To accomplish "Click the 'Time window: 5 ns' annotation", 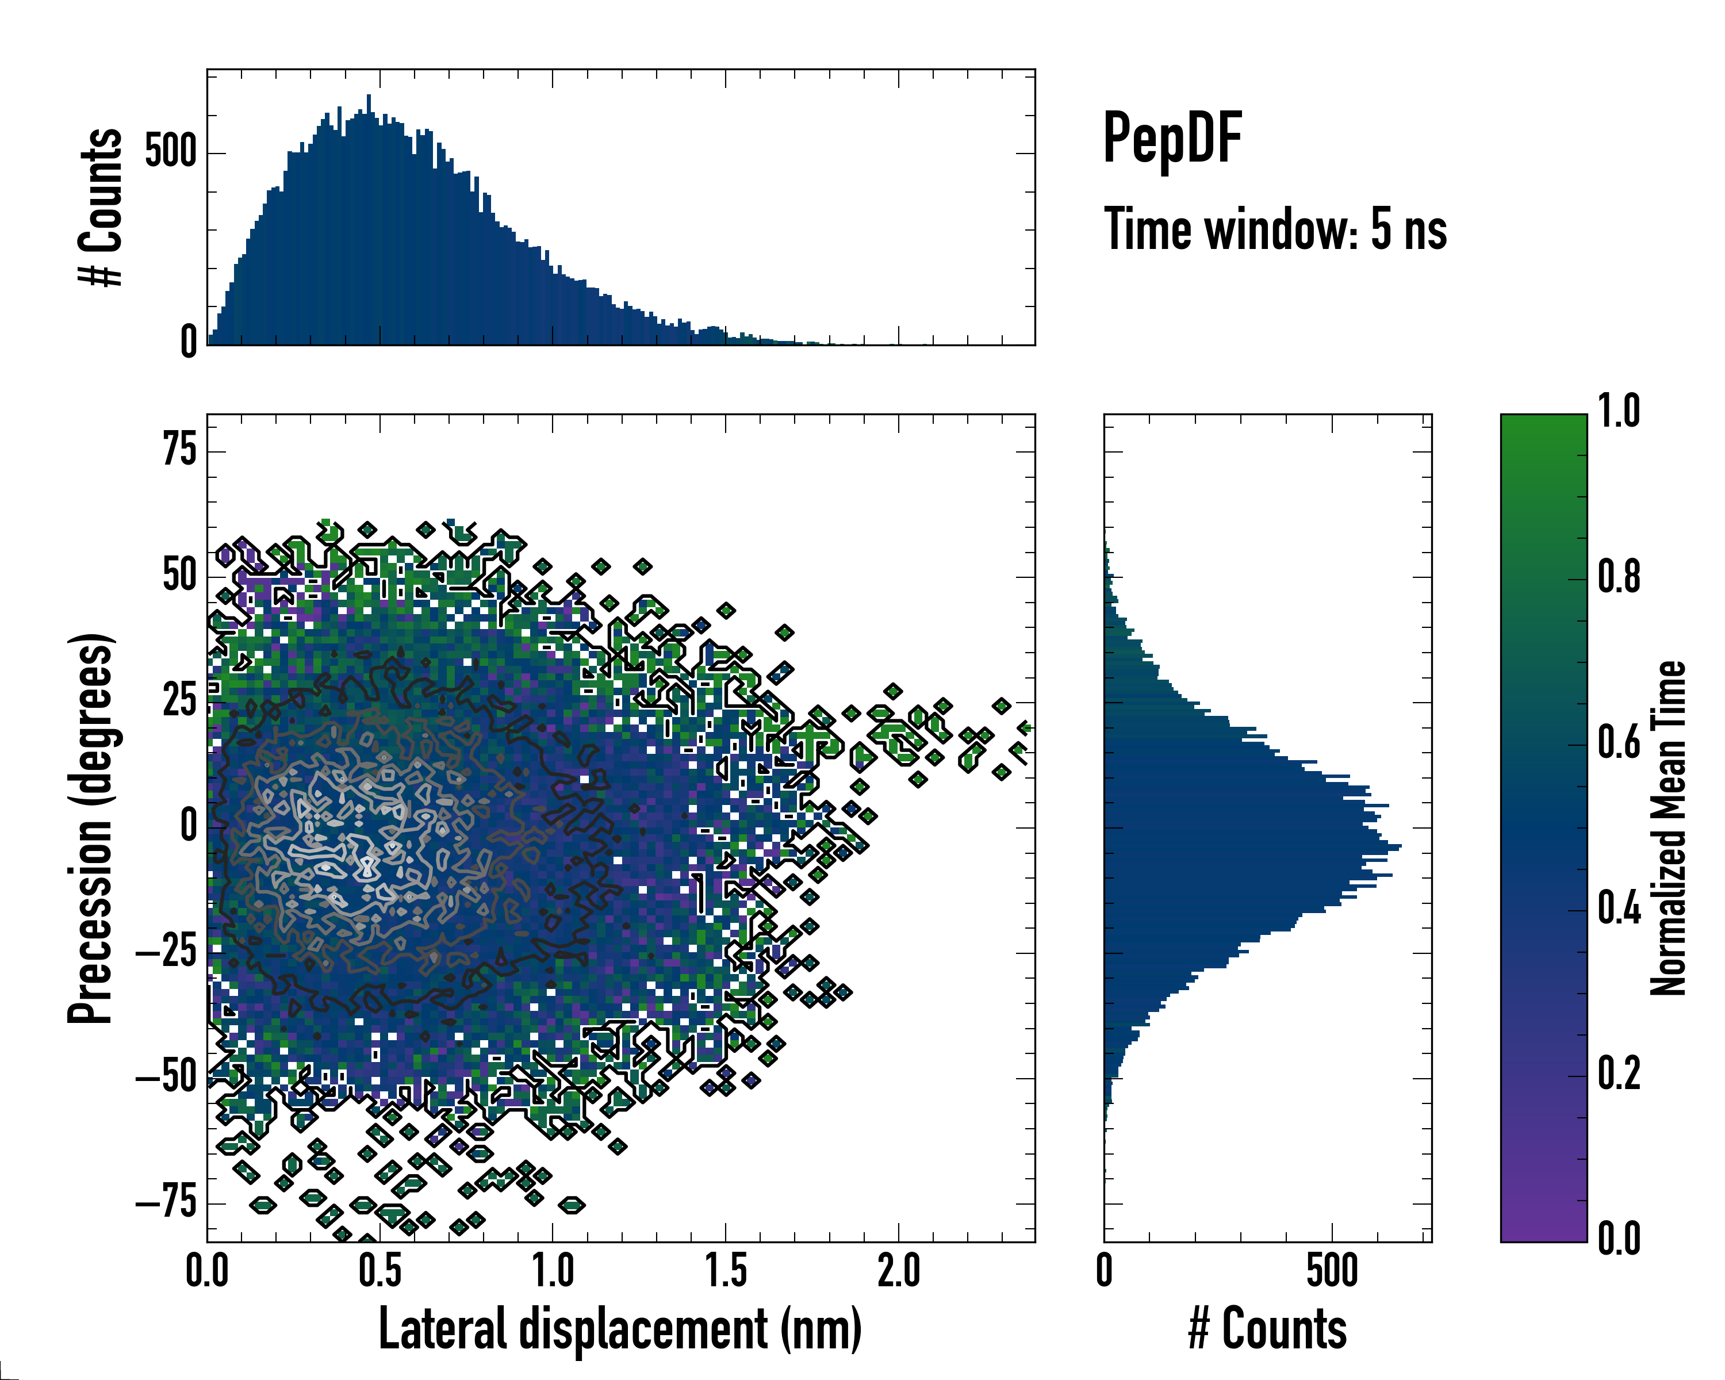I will [x=1275, y=229].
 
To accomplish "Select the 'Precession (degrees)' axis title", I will [x=90, y=828].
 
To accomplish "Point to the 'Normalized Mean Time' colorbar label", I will [x=1668, y=828].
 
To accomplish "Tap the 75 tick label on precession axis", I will [x=179, y=450].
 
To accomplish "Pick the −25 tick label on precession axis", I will [x=166, y=952].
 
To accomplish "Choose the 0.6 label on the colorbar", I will [x=1619, y=742].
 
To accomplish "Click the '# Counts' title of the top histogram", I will [x=101, y=207].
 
